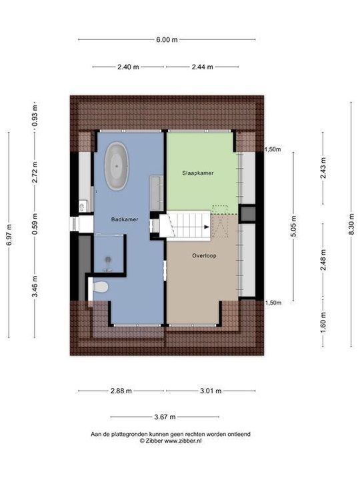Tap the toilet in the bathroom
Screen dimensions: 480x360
(x=100, y=287)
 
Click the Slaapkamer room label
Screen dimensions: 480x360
(x=198, y=172)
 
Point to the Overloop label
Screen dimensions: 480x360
(x=203, y=255)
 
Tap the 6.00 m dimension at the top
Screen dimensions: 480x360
(x=167, y=39)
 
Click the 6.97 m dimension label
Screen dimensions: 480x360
(x=9, y=235)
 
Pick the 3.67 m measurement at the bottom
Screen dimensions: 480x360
(x=165, y=417)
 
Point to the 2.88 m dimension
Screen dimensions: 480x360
(x=121, y=391)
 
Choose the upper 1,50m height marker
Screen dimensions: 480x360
(x=273, y=149)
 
